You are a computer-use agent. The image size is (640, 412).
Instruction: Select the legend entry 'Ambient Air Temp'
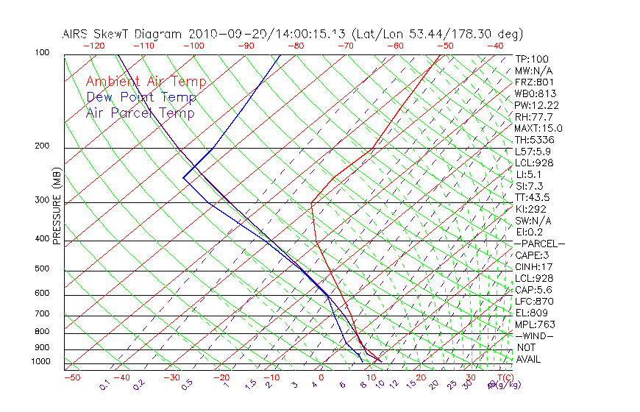[146, 82]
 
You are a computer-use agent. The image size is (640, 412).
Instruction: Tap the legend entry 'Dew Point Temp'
[141, 97]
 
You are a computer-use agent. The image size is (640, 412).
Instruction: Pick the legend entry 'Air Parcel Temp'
[141, 113]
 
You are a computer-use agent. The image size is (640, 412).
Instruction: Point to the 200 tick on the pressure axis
[42, 146]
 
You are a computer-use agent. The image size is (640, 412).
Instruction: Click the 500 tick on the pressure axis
[42, 269]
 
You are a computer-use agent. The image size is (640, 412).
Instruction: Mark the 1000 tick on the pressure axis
[40, 361]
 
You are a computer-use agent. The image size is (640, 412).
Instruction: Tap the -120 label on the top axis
[93, 46]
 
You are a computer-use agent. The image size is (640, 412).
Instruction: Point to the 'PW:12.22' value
[537, 105]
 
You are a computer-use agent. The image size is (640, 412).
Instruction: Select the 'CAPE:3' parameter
[532, 255]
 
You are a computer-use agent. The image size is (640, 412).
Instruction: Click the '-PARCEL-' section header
[540, 244]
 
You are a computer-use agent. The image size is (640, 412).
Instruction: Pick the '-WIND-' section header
[534, 335]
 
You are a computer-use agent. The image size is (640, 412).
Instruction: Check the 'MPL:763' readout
[534, 324]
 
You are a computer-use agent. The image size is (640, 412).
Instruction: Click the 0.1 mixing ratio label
[105, 385]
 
